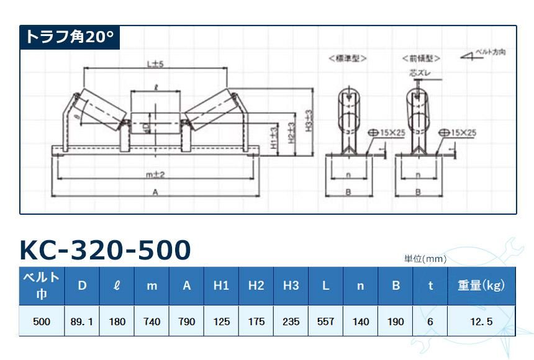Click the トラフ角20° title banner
69,37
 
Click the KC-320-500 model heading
105,250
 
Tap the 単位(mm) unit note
425,259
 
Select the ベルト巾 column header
41,286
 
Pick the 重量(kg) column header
481,286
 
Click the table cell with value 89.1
82,322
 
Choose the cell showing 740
152,322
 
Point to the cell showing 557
325,322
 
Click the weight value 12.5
481,322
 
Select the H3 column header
291,286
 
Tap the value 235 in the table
291,322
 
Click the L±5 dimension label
154,63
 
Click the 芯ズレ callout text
417,73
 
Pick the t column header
430,286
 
